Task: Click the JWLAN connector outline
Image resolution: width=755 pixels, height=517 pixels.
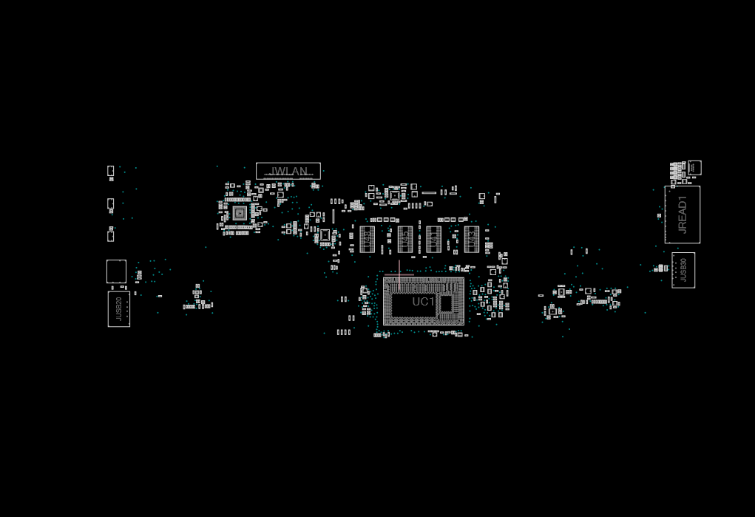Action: [x=288, y=171]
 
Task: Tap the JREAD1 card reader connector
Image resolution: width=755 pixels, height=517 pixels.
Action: [x=682, y=214]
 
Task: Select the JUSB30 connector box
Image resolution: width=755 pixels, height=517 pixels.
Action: [x=683, y=270]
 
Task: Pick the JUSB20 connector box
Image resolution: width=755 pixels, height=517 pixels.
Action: [x=118, y=308]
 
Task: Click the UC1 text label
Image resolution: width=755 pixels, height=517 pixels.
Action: [x=423, y=302]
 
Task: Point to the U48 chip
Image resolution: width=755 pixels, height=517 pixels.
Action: [x=368, y=239]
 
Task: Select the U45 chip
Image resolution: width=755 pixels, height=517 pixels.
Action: [x=404, y=239]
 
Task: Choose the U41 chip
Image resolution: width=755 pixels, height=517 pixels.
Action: [x=433, y=239]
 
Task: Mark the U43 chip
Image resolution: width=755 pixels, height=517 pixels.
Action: [x=471, y=239]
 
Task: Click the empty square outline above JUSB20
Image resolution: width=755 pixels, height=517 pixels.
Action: [x=116, y=271]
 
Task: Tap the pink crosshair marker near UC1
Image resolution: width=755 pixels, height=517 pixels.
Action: [x=399, y=274]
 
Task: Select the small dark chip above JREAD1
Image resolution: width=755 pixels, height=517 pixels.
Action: [x=694, y=167]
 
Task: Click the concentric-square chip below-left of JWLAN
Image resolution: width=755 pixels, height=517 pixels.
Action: [x=239, y=213]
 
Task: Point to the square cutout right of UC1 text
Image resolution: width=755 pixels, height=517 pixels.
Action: [x=446, y=303]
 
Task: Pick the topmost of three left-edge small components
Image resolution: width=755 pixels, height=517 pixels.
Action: [x=110, y=171]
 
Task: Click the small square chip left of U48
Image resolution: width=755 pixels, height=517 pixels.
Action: [x=325, y=235]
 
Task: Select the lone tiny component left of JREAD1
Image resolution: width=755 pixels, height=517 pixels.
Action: [x=659, y=216]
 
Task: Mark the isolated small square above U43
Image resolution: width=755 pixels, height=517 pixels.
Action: [x=481, y=197]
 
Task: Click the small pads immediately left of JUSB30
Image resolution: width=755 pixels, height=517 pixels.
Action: [x=663, y=268]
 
